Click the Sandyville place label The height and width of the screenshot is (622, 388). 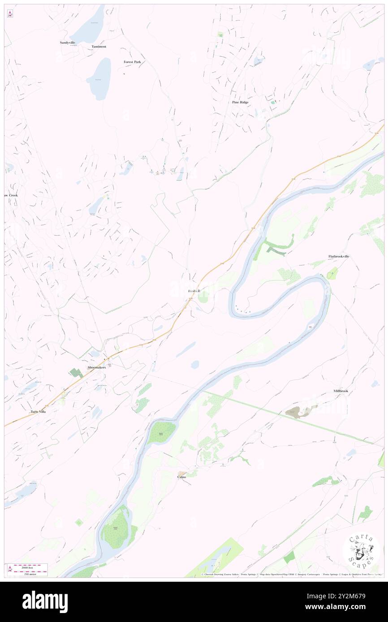[x=68, y=43]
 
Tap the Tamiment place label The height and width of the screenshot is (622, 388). [x=99, y=47]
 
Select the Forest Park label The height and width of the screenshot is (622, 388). [x=132, y=62]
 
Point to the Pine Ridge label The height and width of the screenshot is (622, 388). [x=240, y=102]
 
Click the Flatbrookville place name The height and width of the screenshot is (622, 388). [x=338, y=256]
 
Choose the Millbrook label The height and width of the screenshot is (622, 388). [x=341, y=391]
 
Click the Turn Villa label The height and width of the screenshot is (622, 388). [x=38, y=411]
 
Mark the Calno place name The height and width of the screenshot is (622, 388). [x=181, y=477]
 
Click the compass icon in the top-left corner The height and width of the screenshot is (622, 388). [x=10, y=14]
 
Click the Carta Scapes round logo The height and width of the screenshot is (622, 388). [x=361, y=552]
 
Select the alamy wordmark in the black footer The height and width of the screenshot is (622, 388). [x=45, y=601]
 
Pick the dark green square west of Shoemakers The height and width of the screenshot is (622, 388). [x=74, y=372]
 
